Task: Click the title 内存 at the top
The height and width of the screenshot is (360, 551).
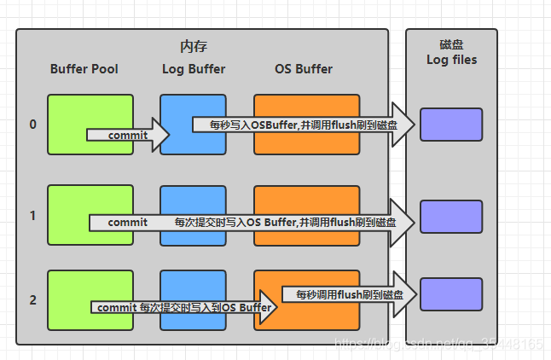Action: coord(194,46)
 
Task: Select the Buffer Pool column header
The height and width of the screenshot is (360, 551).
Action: coord(84,69)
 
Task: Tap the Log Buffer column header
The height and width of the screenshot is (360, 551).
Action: coord(193,69)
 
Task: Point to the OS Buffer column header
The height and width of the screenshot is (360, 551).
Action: coord(304,69)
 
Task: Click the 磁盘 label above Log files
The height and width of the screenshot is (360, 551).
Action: coord(451,44)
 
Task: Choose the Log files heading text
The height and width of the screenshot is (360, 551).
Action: coord(451,60)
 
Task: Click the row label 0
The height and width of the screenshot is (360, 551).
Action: coord(32,125)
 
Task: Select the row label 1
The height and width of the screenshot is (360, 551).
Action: coord(32,216)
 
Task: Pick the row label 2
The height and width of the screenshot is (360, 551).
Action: coord(32,300)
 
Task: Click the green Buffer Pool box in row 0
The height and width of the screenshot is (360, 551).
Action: coord(90,111)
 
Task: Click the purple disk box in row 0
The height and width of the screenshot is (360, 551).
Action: coord(451,125)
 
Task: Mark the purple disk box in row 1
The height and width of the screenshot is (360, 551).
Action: coord(451,216)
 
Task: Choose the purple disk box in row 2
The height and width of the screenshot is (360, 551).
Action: coord(451,294)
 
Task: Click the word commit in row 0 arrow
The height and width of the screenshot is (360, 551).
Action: coord(127,136)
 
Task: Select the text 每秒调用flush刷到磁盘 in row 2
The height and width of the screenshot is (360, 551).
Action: coord(344,294)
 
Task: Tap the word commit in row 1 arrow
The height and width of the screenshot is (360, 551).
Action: coord(127,222)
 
